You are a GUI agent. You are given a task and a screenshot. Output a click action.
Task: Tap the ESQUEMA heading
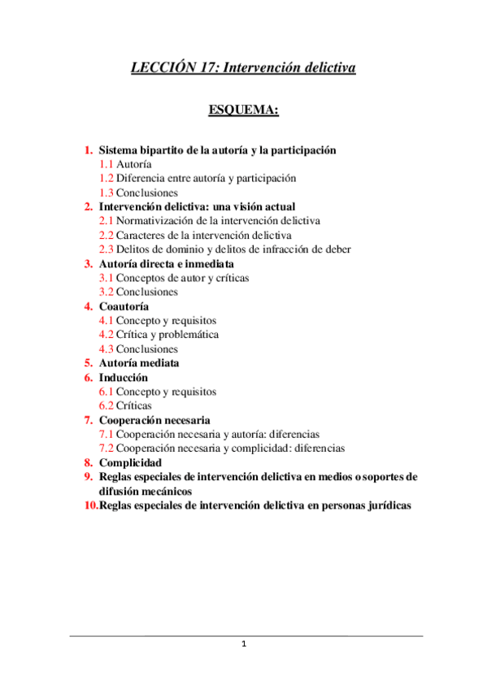(x=244, y=110)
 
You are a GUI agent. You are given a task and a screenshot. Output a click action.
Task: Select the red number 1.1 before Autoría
(x=106, y=164)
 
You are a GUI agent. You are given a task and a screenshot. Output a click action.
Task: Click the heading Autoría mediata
(x=139, y=363)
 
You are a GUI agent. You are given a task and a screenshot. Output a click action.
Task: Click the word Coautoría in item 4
(x=123, y=306)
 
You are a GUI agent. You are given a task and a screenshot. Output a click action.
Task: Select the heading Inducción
(x=124, y=378)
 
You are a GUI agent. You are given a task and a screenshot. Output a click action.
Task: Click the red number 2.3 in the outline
(x=106, y=249)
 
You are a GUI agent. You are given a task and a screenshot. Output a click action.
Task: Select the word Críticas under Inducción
(x=133, y=405)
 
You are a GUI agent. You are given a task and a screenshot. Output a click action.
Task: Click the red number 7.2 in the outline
(x=106, y=448)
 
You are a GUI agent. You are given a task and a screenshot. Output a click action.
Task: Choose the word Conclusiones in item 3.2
(x=146, y=292)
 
